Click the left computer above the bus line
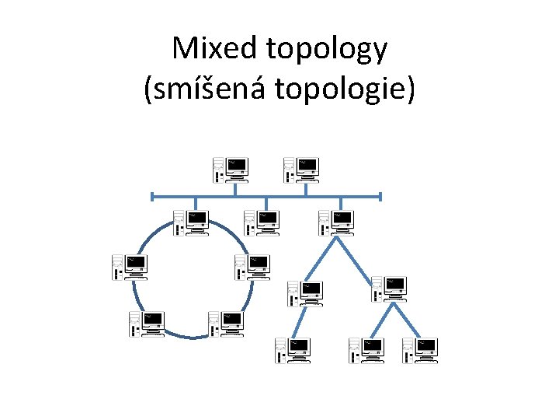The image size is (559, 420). point(230,169)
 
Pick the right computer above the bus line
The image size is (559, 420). point(300,169)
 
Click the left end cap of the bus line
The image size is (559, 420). point(153,196)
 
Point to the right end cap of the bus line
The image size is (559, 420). point(380,196)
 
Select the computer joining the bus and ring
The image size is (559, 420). point(190,222)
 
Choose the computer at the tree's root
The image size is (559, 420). point(335,222)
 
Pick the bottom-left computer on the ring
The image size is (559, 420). point(147,323)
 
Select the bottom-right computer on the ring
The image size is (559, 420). point(225,323)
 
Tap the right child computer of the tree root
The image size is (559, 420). point(387,288)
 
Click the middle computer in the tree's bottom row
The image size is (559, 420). point(366,350)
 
